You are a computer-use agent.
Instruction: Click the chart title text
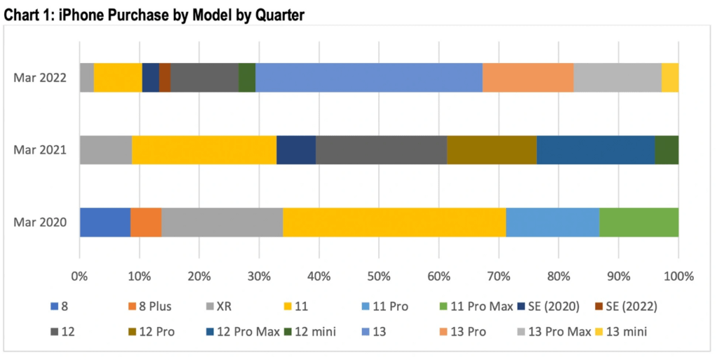154,15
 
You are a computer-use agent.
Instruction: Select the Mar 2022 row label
40,77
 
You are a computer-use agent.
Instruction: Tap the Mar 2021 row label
40,150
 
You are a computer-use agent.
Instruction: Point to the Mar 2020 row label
40,222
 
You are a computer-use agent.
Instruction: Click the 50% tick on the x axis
379,276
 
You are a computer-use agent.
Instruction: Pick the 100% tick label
678,276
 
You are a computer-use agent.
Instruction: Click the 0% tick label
80,276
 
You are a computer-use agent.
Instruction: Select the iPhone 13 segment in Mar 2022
369,77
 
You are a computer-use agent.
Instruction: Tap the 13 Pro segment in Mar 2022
528,77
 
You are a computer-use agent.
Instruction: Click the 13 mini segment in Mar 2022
670,77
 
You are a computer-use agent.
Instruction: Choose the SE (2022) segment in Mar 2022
165,77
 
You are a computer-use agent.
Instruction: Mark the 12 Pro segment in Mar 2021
492,150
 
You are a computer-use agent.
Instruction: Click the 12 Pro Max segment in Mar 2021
596,150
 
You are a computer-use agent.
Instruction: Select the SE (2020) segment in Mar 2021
296,150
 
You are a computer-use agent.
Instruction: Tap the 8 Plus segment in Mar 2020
146,222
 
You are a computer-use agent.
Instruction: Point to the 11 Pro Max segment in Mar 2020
639,222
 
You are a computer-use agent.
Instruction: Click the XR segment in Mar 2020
222,222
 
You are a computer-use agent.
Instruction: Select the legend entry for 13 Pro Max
555,331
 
